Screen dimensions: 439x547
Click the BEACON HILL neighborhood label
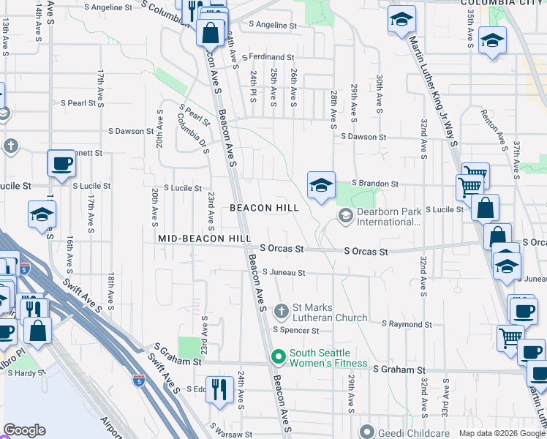264,208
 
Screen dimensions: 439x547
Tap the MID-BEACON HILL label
205,239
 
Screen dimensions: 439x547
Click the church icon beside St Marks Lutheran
282,312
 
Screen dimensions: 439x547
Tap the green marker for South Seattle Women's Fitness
278,358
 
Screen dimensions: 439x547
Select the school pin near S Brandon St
321,187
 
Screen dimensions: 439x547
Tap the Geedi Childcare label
414,432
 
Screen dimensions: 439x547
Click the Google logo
25,431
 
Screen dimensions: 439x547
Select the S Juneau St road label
283,273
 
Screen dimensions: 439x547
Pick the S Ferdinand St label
271,56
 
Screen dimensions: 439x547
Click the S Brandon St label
374,184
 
